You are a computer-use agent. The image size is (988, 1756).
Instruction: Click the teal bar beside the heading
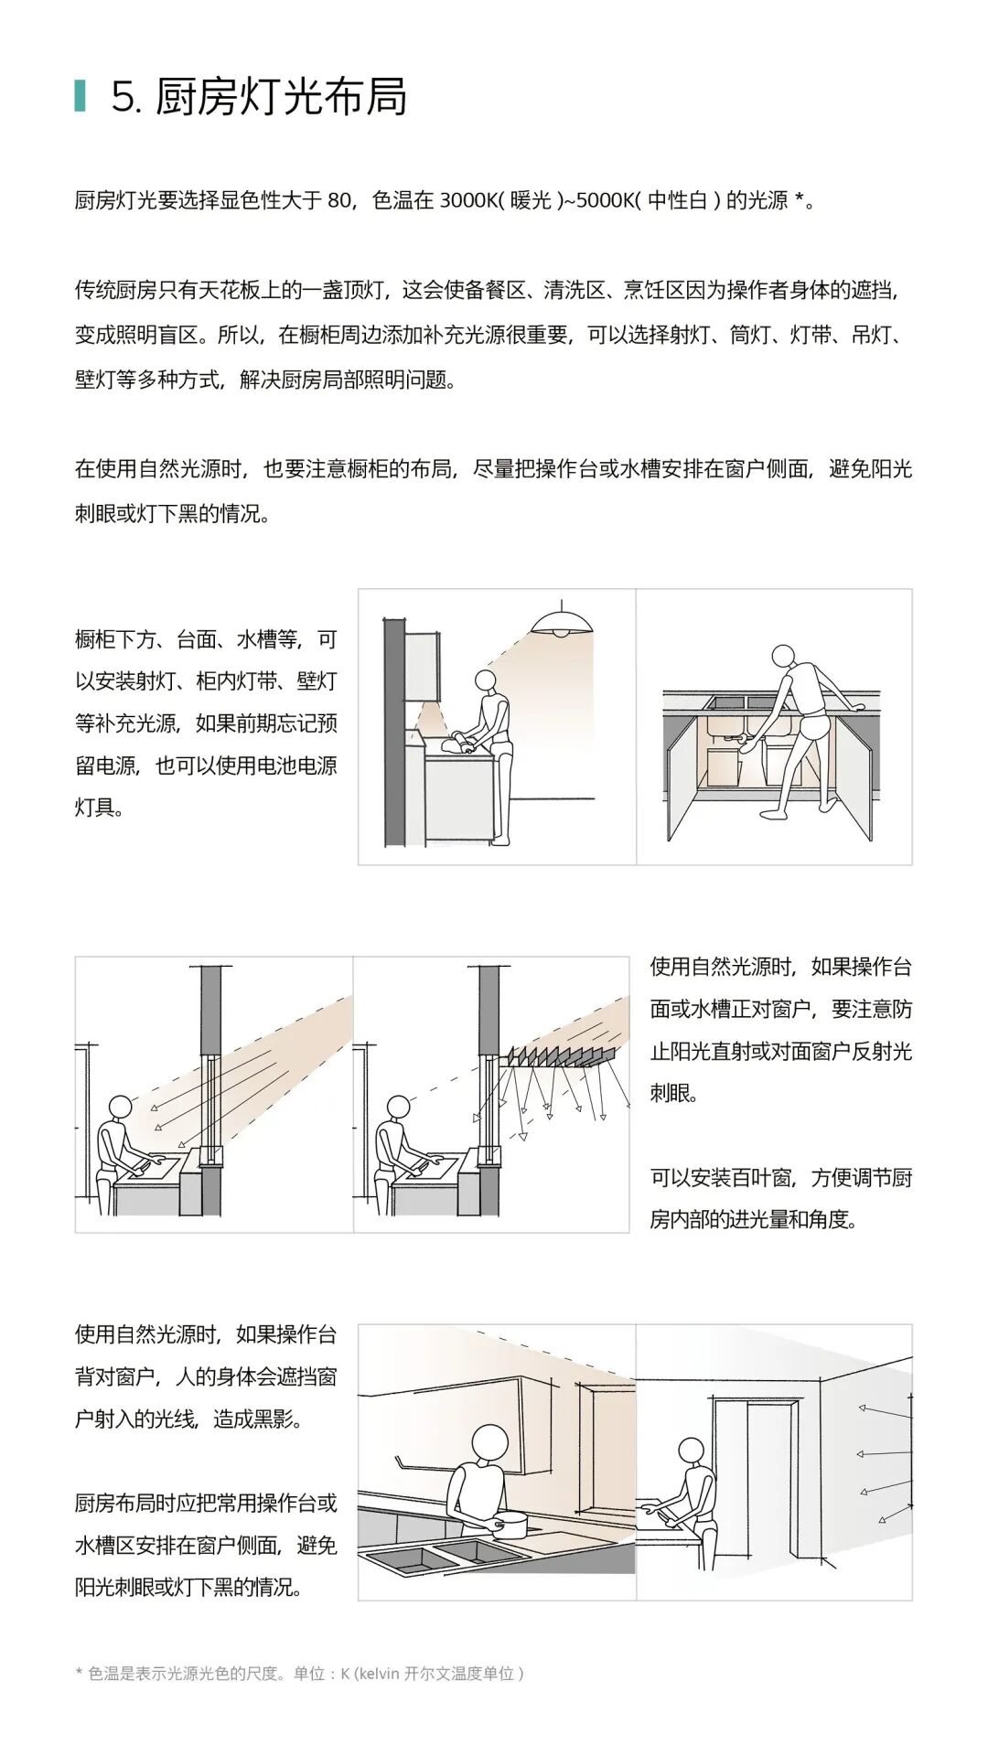pyautogui.click(x=81, y=95)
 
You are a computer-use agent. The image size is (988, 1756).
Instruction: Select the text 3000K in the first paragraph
pyautogui.click(x=468, y=200)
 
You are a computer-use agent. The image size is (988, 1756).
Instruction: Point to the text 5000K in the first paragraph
pyautogui.click(x=604, y=200)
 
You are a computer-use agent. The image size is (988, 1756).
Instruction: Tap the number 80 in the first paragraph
pyautogui.click(x=338, y=200)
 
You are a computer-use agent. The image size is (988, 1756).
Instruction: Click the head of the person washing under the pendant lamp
pyautogui.click(x=486, y=681)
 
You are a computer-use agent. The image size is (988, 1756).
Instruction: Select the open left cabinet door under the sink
pyautogui.click(x=681, y=777)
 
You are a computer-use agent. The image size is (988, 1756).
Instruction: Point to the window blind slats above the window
pyautogui.click(x=558, y=1057)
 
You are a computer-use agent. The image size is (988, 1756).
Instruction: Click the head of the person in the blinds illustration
pyautogui.click(x=399, y=1108)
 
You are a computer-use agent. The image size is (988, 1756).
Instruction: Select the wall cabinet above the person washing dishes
pyautogui.click(x=422, y=668)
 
